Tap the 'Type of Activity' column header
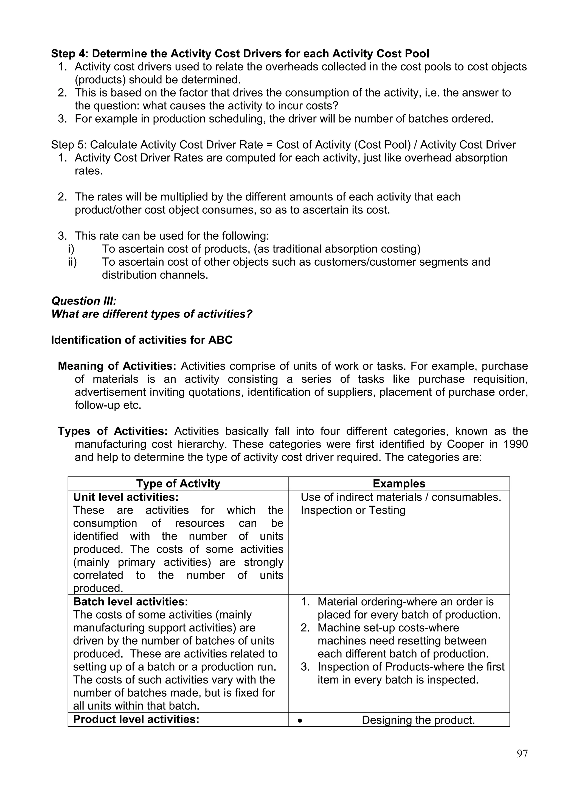pyautogui.click(x=178, y=483)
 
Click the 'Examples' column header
pyautogui.click(x=399, y=483)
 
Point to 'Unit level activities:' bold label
pyautogui.click(x=126, y=497)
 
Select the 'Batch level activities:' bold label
pyautogui.click(x=130, y=602)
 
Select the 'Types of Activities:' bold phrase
pyautogui.click(x=113, y=431)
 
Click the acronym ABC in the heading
pyautogui.click(x=220, y=340)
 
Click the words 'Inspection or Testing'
pyautogui.click(x=353, y=510)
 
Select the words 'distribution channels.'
pyautogui.click(x=155, y=275)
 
